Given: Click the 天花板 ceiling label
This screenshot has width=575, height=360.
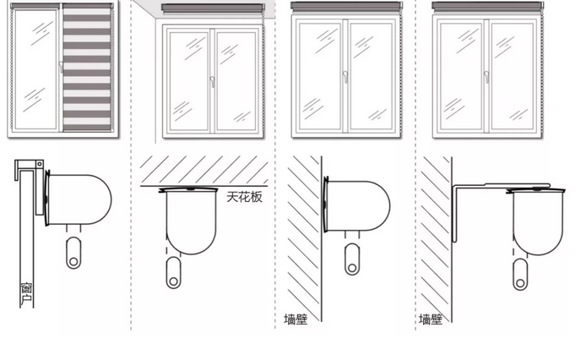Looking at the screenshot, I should [245, 197].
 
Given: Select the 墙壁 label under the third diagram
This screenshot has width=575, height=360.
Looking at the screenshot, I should [296, 319].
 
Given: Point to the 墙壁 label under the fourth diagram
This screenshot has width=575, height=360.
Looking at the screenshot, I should [431, 319].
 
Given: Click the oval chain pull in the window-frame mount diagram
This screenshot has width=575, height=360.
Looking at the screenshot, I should [73, 253].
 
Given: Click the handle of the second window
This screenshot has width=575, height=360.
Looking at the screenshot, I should [211, 82].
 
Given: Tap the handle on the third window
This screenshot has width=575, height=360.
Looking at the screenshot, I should [345, 76].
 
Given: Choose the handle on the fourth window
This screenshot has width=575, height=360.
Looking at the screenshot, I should [486, 76].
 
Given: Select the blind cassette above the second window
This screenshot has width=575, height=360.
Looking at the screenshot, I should [212, 8].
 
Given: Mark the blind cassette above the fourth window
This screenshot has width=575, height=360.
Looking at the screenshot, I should [485, 6].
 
